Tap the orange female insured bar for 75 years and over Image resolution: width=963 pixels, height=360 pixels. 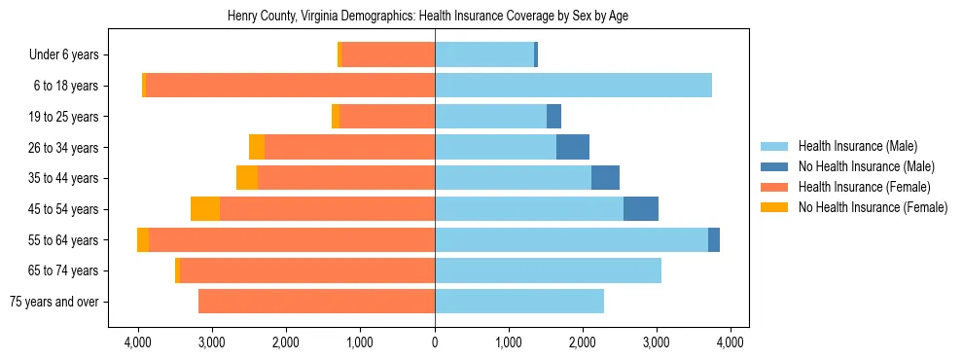(316, 302)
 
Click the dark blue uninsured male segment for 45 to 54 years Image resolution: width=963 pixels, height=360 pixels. (641, 209)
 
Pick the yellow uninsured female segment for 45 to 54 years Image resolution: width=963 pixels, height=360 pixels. (205, 209)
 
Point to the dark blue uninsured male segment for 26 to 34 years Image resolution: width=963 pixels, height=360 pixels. (573, 147)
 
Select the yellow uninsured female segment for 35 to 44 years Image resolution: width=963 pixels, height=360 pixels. (247, 178)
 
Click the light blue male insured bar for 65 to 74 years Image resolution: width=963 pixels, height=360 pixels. (548, 270)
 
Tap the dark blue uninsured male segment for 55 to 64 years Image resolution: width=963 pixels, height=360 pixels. (714, 239)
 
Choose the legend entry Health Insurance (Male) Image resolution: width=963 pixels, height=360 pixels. (857, 146)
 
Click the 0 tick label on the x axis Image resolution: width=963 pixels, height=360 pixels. (435, 342)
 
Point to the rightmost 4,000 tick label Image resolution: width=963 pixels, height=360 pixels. (731, 342)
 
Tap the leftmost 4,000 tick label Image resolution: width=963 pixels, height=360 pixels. (138, 342)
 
